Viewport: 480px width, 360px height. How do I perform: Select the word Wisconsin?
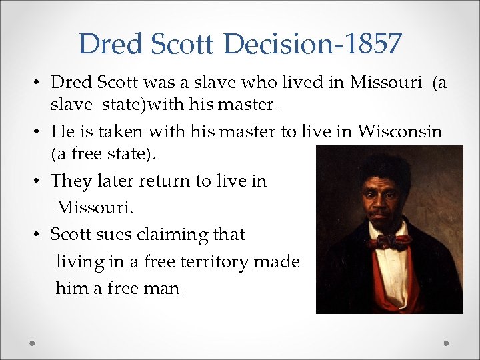tap(399, 131)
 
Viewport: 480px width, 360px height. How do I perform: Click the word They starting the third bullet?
tap(72, 181)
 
